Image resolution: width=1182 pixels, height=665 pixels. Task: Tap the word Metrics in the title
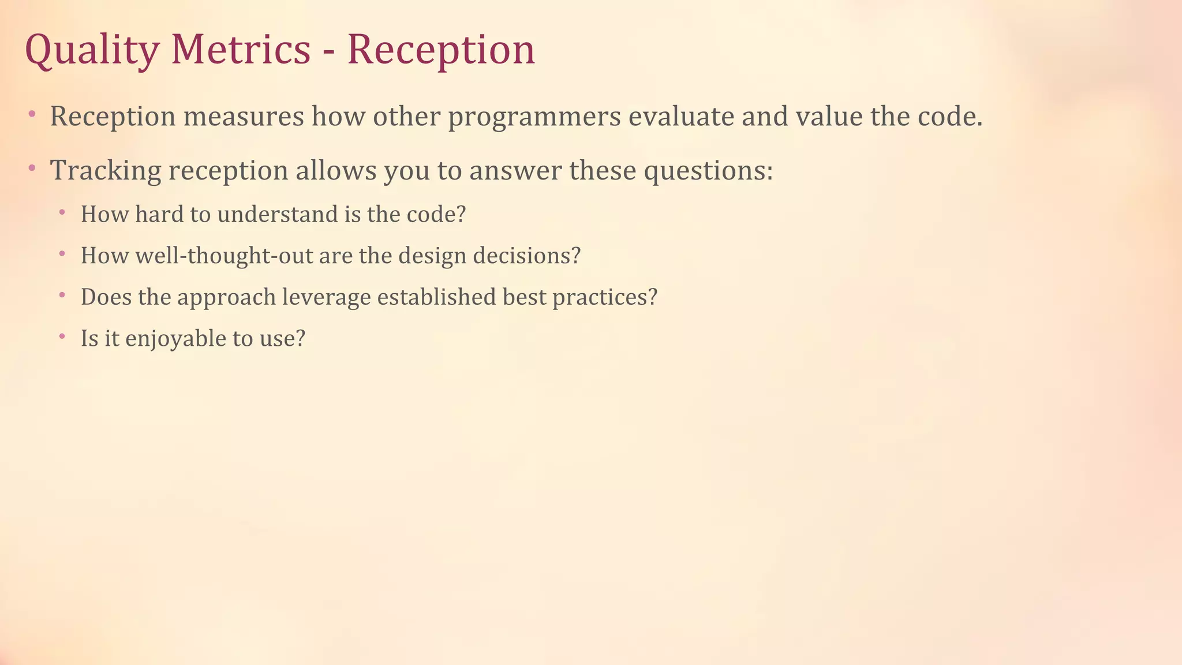[241, 50]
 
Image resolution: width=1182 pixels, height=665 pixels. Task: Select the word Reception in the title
[441, 50]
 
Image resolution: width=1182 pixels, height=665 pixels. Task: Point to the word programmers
[534, 117]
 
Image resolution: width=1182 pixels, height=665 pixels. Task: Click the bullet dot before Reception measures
[32, 114]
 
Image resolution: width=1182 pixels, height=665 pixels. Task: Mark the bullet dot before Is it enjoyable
[62, 335]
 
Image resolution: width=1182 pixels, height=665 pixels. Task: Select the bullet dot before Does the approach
[62, 294]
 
